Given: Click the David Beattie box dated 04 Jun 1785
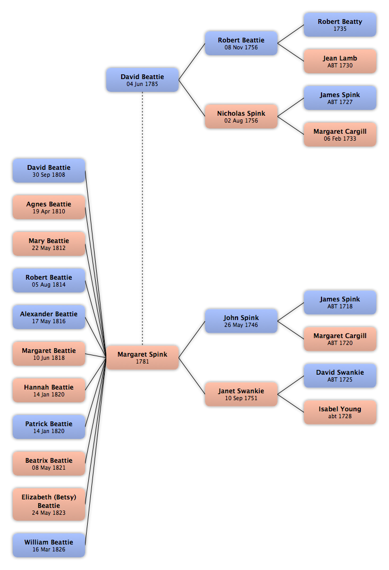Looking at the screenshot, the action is point(142,80).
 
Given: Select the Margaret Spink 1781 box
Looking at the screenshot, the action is point(142,357).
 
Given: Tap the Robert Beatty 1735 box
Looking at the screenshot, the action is point(340,25).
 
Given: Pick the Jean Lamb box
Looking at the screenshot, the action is point(340,62).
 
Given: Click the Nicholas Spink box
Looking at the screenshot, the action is point(241,116).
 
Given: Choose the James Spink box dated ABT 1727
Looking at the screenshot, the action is point(340,98).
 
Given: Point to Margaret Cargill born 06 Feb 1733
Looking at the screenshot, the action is point(340,134).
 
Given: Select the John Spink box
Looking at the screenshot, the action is point(241,321).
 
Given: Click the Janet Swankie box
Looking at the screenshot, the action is point(241,394).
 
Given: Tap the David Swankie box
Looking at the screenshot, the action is point(340,376).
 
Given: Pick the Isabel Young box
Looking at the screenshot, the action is point(340,412).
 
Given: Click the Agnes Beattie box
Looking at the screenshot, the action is point(49,207).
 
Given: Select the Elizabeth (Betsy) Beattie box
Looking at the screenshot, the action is point(49,505).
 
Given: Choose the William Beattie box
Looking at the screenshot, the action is point(49,545).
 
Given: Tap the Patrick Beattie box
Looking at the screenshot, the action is point(49,427).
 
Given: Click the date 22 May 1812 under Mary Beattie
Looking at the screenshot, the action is point(49,248).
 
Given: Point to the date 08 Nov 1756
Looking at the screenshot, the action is point(241,47).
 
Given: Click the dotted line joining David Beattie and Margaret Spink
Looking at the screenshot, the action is point(142,219).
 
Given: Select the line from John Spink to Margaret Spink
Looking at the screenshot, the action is point(192,339).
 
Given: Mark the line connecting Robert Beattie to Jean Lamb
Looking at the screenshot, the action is point(291,53).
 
